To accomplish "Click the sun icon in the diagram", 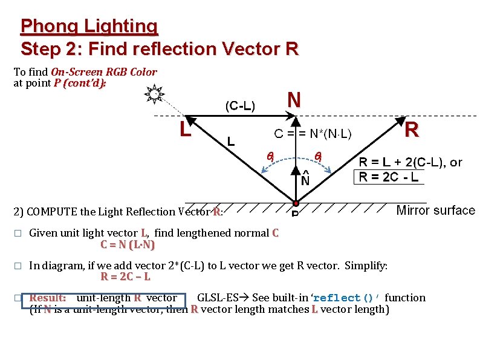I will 155,94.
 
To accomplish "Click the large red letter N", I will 294,100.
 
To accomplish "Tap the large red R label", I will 412,130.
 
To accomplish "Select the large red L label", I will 186,129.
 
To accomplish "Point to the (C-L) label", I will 240,106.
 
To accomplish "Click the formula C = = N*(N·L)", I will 314,133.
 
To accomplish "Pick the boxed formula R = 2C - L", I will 388,177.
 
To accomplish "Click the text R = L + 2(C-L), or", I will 410,162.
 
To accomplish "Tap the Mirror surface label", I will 435,211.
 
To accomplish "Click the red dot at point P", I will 296,203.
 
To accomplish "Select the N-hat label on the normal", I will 305,179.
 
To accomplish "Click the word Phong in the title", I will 48,26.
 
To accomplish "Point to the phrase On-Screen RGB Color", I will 104,72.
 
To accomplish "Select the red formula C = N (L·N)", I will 128,245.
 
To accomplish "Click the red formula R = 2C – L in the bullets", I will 125,277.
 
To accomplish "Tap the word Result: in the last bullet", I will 48,298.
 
